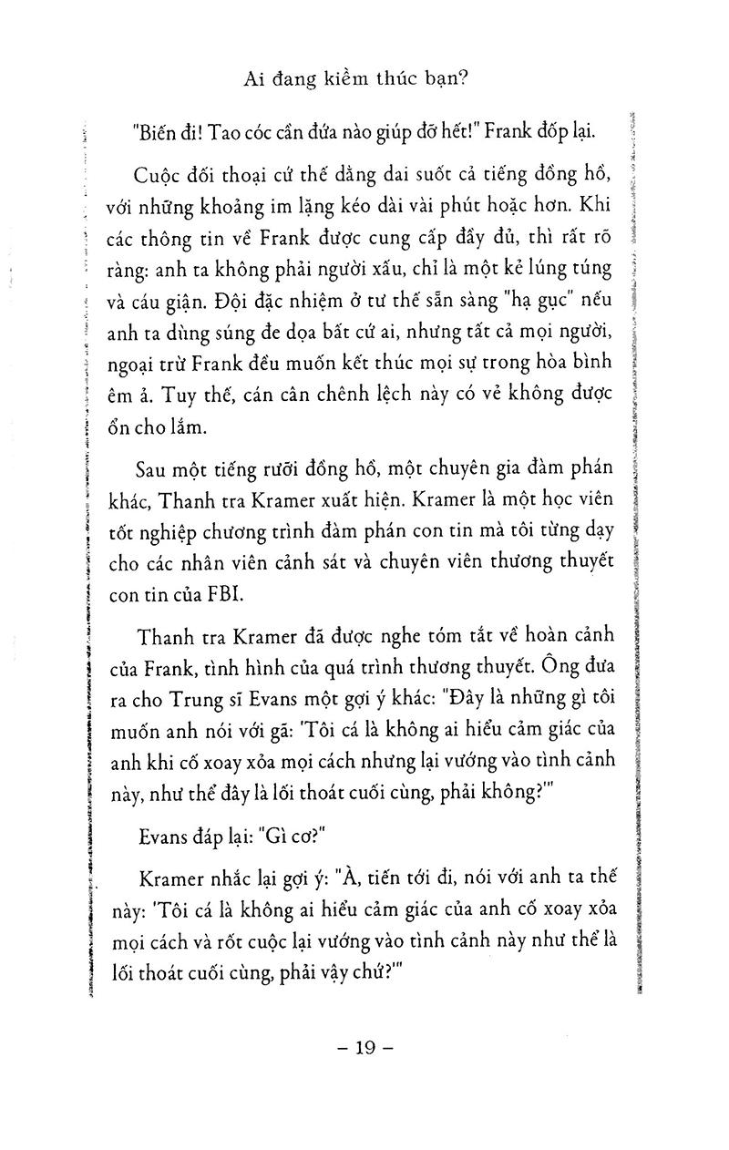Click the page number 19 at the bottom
364,1048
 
